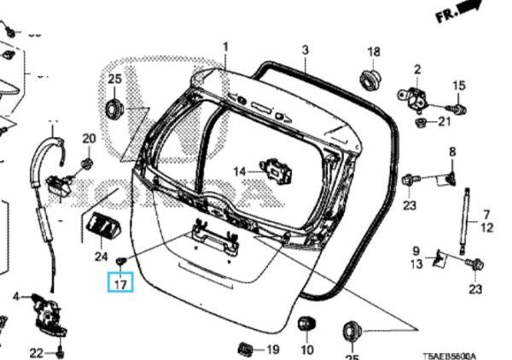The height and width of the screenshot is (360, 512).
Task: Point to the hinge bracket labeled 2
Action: (x=415, y=97)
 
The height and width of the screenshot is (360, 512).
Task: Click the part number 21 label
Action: (x=443, y=122)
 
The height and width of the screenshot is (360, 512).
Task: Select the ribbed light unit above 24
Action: (x=102, y=229)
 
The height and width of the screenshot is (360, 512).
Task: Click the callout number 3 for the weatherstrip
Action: (x=305, y=50)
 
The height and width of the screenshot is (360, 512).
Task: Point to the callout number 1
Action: (x=226, y=45)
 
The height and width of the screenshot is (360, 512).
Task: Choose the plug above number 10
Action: (x=305, y=324)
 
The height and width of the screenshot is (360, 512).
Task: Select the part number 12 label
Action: (x=486, y=228)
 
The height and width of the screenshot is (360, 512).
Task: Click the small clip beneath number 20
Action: (x=87, y=161)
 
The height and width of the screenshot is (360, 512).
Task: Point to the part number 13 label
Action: (x=416, y=264)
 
